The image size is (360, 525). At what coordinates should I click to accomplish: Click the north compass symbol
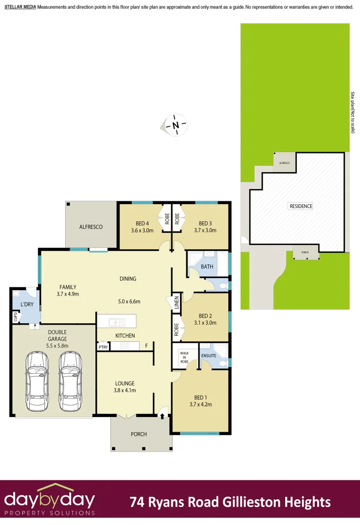click(x=176, y=125)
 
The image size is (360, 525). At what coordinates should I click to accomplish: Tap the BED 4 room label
click(x=142, y=224)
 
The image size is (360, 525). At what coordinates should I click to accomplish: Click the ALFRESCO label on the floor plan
click(x=91, y=227)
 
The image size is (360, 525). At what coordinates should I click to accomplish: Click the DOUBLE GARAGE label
click(x=57, y=335)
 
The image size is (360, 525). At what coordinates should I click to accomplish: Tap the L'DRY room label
click(x=26, y=305)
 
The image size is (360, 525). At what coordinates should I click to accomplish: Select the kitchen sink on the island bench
click(x=116, y=321)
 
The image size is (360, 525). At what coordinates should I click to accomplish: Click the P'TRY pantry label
click(x=103, y=347)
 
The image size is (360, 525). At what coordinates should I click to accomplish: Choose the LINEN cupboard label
click(x=176, y=303)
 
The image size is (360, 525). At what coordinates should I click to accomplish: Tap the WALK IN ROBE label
click(x=184, y=357)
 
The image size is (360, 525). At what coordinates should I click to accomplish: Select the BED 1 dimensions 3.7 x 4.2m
click(x=200, y=404)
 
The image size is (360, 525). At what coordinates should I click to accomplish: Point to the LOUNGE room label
click(x=125, y=383)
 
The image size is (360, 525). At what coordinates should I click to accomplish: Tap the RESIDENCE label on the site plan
click(x=301, y=206)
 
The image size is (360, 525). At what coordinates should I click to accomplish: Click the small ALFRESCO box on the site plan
click(x=284, y=163)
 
